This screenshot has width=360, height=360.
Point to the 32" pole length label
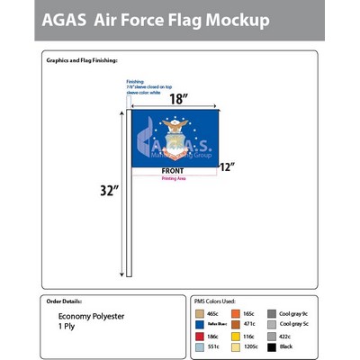click(x=109, y=190)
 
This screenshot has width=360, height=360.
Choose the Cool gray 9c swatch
click(x=272, y=313)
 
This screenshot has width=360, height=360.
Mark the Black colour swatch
click(x=272, y=346)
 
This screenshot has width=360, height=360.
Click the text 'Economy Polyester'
click(x=89, y=317)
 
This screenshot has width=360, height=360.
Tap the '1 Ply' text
click(x=68, y=327)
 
